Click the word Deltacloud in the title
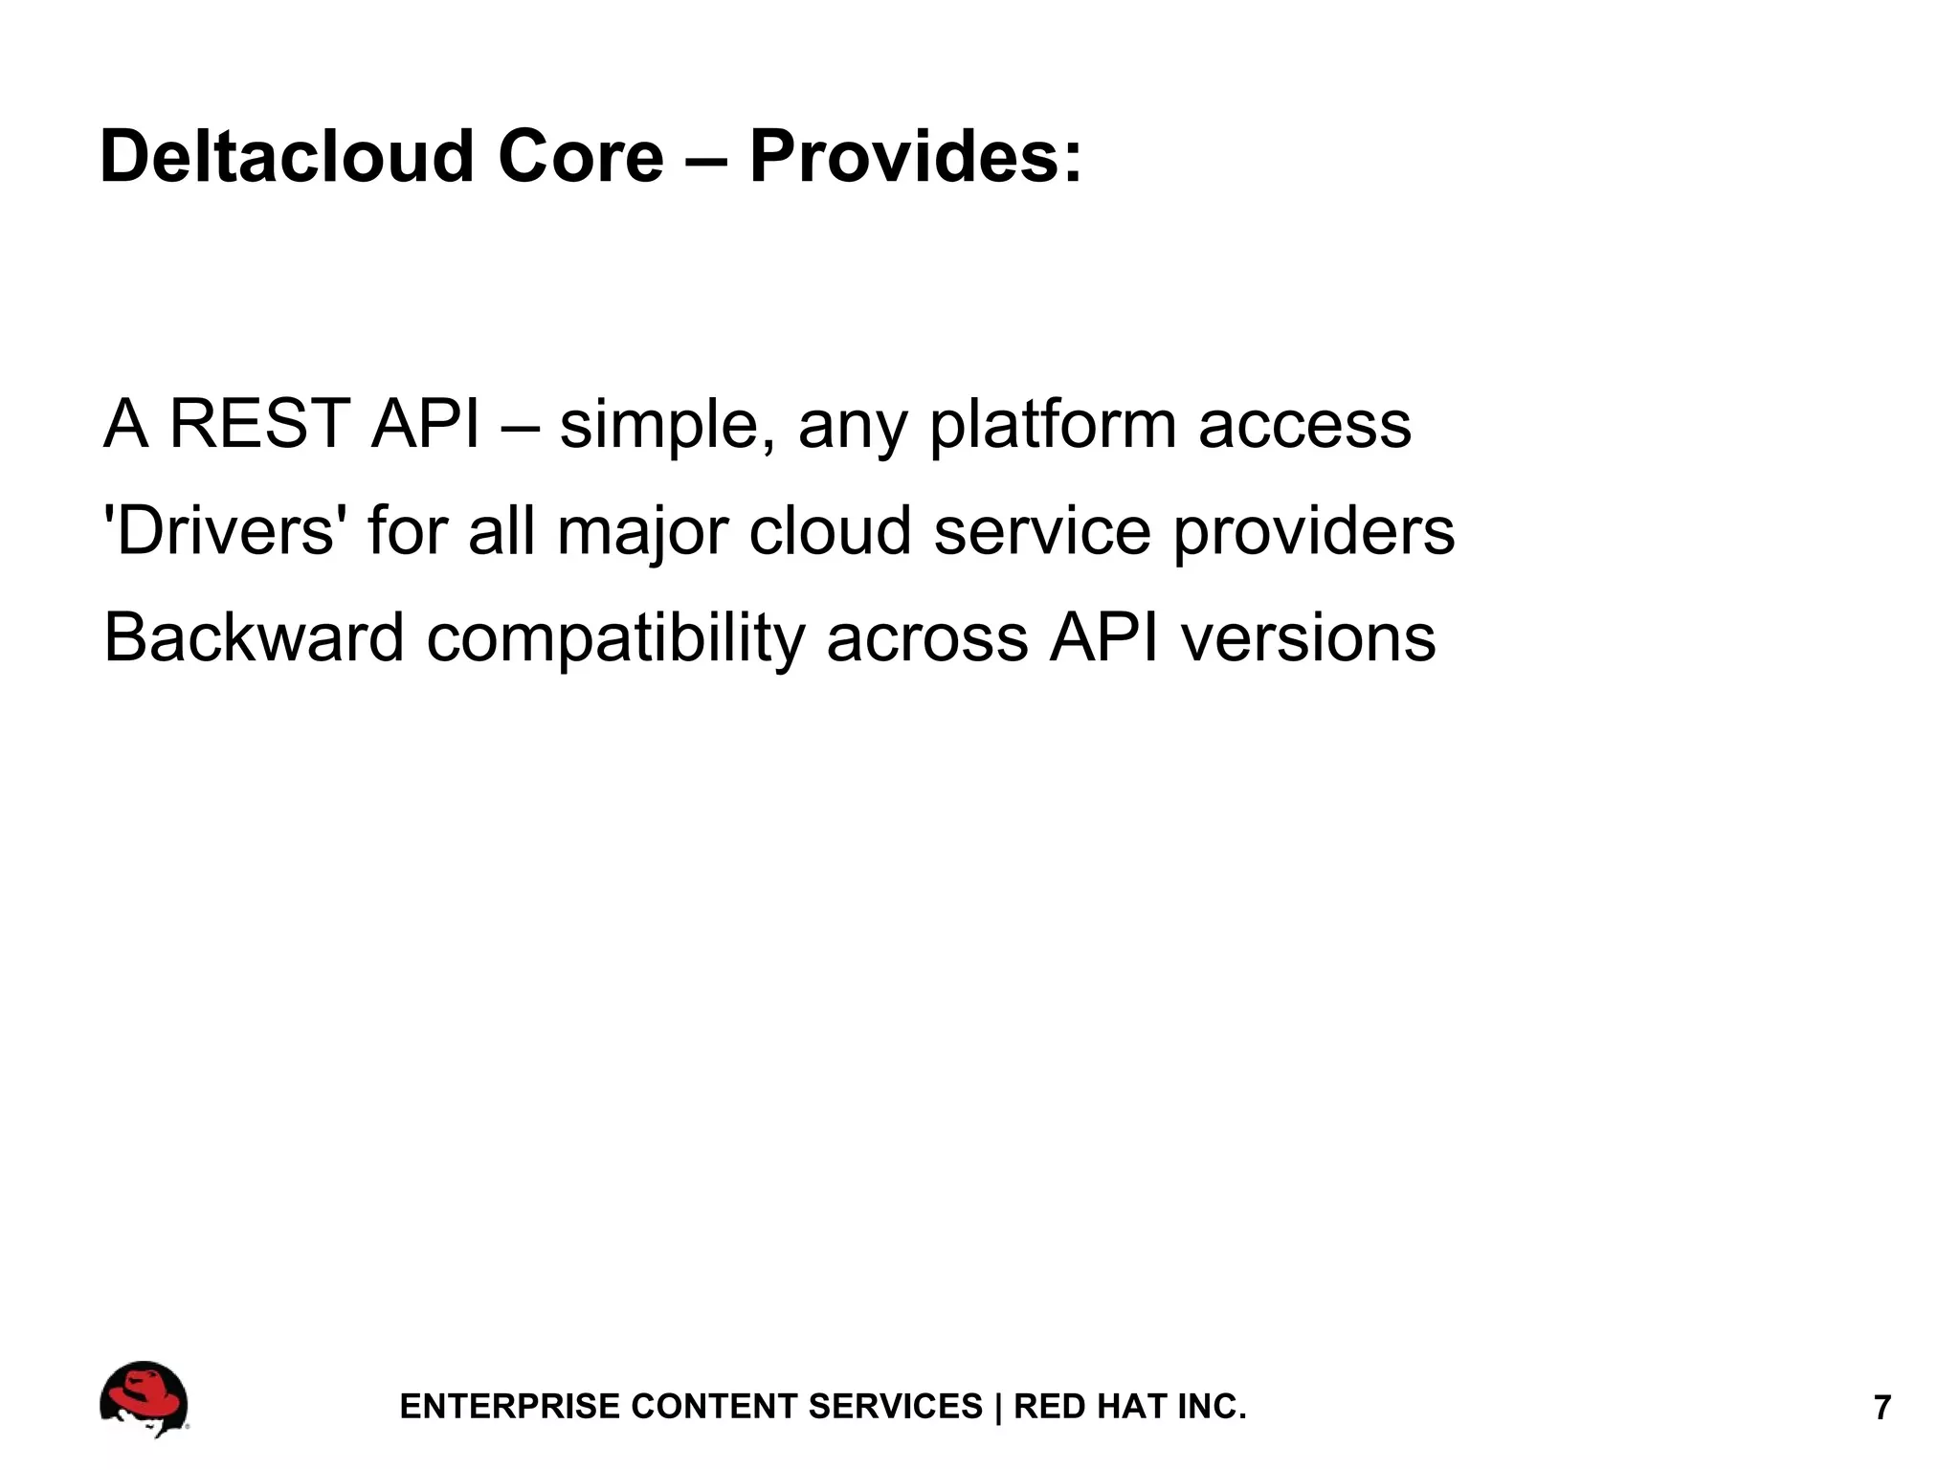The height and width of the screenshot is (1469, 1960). (x=286, y=156)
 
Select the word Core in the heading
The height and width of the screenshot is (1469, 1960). (x=580, y=156)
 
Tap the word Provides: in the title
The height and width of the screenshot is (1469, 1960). (x=915, y=156)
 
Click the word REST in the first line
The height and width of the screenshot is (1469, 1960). (x=258, y=424)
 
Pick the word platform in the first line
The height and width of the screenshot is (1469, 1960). (x=1053, y=426)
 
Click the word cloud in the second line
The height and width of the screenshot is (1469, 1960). (x=830, y=531)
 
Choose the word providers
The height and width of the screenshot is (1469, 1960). (x=1313, y=532)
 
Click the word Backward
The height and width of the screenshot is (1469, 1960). (x=254, y=638)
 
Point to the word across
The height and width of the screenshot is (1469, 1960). (x=926, y=638)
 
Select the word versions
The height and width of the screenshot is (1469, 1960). (x=1307, y=638)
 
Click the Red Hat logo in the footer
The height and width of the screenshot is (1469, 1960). (x=144, y=1398)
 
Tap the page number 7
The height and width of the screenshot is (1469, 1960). (x=1882, y=1408)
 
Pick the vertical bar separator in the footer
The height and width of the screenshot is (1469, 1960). (x=998, y=1406)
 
